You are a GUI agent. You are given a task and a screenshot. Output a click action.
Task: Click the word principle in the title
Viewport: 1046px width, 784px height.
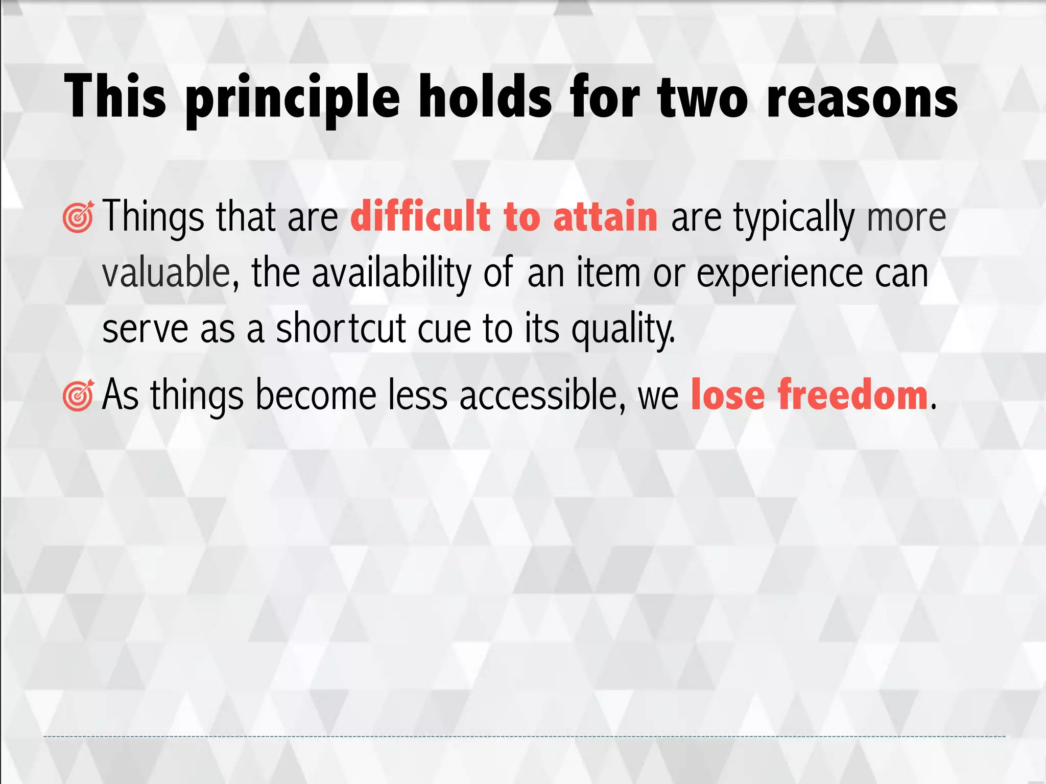coord(293,99)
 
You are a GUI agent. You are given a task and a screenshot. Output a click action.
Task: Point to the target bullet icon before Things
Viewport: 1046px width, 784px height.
coord(78,217)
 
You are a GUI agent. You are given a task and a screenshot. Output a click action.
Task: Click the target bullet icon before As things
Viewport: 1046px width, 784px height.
coord(78,396)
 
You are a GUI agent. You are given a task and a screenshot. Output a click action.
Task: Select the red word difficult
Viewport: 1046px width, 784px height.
coord(420,216)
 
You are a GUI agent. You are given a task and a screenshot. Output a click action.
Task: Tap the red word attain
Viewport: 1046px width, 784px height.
coord(605,216)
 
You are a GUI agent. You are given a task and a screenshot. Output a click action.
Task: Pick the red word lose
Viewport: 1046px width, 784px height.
coord(727,395)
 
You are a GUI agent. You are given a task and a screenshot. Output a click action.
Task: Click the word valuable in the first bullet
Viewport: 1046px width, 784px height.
coord(167,273)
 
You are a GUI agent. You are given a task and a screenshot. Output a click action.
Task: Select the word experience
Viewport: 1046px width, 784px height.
coord(779,273)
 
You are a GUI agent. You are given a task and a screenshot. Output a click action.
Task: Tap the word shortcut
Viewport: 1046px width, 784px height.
coord(341,329)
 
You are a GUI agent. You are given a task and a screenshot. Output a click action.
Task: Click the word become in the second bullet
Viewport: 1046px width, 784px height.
coord(316,395)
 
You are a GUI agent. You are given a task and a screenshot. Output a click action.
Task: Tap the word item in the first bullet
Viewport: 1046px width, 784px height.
coord(608,273)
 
